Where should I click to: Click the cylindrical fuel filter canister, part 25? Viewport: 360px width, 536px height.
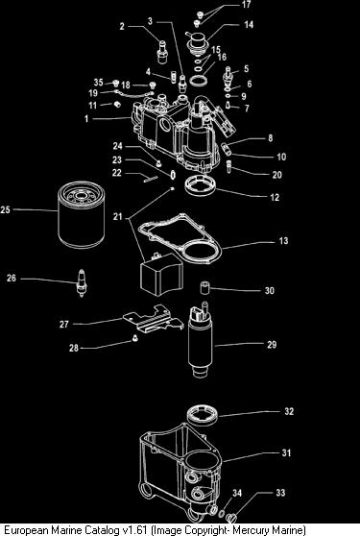[82, 214]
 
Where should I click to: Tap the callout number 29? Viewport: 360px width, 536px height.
[272, 344]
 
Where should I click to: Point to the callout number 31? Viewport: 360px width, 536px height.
[286, 453]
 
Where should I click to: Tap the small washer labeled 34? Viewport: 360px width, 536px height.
[222, 514]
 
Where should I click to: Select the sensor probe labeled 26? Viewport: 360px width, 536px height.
[82, 282]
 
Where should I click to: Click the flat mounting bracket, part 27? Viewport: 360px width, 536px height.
[153, 319]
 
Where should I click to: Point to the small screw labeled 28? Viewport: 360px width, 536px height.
[134, 338]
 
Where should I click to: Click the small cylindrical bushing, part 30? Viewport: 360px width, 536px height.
[204, 287]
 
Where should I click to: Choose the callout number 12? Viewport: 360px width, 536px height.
[275, 197]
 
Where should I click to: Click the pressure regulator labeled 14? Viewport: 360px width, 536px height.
[198, 42]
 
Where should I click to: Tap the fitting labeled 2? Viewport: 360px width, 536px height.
[162, 52]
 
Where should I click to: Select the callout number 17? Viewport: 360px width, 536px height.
[247, 5]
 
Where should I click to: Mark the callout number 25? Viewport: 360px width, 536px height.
[5, 209]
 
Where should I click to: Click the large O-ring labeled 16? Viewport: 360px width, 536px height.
[199, 82]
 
